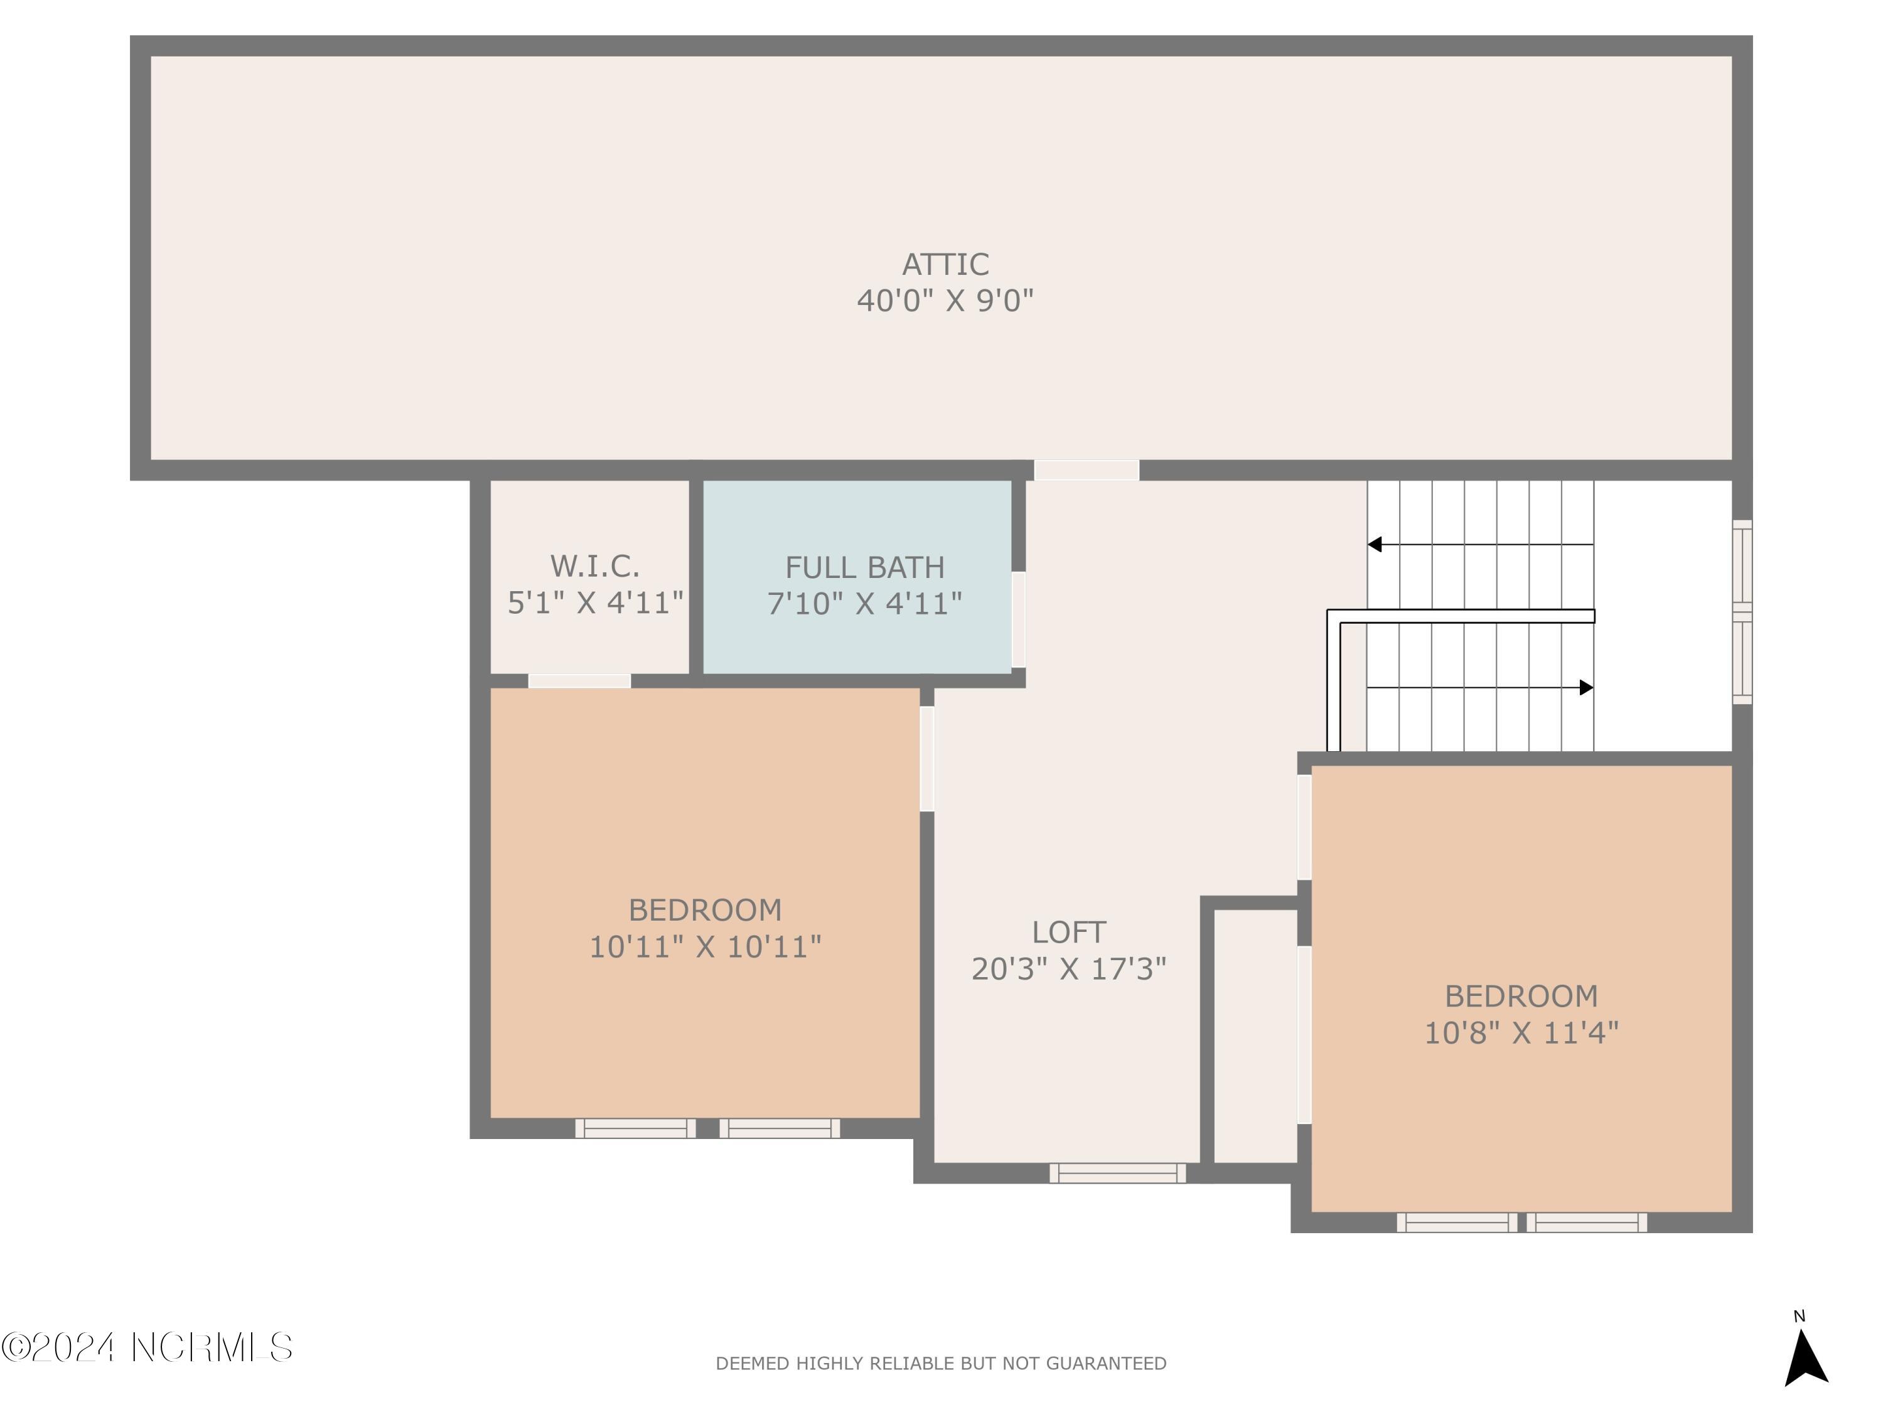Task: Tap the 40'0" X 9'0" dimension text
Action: pos(945,301)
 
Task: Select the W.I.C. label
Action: pos(594,566)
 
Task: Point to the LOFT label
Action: pos(1068,932)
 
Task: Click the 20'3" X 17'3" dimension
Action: pos(1068,968)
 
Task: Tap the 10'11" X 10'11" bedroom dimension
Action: pos(705,946)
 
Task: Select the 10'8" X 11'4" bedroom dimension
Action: pos(1520,1032)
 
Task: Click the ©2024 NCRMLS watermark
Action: pos(146,1347)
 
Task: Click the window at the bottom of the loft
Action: pos(1117,1173)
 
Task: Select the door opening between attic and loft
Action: pos(1086,470)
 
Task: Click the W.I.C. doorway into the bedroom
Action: pos(579,681)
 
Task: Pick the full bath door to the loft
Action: pos(1018,619)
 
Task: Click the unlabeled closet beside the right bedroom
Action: pos(1255,1034)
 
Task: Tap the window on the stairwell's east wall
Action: pos(1742,611)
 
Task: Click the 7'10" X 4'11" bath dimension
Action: pos(864,604)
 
